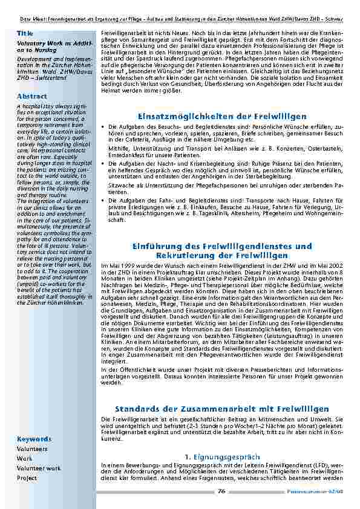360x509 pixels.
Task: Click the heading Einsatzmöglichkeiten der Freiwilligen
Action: click(x=223, y=116)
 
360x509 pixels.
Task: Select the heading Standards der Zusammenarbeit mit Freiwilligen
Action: click(x=223, y=409)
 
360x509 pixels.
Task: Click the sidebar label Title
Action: click(x=25, y=33)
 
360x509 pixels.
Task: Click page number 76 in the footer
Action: click(x=221, y=491)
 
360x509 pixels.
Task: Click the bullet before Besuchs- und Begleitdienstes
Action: click(x=104, y=127)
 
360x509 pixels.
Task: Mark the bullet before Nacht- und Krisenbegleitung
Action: click(x=104, y=164)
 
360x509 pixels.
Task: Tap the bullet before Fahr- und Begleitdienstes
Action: click(x=104, y=200)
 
